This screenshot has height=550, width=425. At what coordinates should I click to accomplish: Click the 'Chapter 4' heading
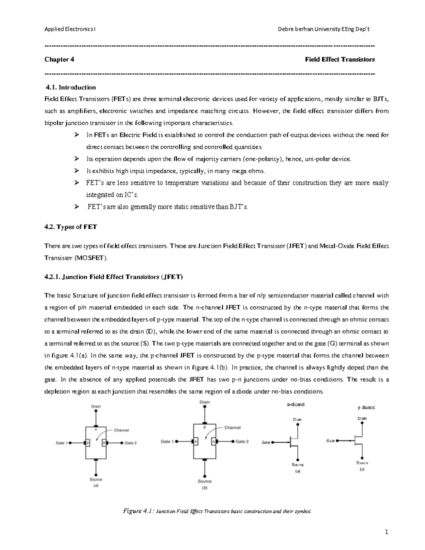click(59, 59)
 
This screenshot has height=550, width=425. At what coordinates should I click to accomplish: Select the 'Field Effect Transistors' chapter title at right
click(340, 59)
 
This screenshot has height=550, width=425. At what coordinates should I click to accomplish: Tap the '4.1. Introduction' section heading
click(71, 87)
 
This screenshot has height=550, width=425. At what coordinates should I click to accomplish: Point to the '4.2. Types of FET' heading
click(70, 227)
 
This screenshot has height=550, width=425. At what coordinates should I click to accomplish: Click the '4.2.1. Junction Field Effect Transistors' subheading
click(113, 277)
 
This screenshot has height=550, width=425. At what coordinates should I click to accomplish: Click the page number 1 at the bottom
click(387, 532)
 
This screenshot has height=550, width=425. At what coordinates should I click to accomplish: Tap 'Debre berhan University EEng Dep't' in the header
click(324, 29)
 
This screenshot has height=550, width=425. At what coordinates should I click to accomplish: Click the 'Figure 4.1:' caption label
click(138, 511)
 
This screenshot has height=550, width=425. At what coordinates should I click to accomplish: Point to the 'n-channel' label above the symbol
click(295, 404)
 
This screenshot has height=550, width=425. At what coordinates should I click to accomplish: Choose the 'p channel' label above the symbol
click(366, 408)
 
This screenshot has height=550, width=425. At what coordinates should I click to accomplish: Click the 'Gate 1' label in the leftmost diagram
click(62, 443)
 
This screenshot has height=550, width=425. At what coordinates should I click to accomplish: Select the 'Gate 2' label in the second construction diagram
click(242, 442)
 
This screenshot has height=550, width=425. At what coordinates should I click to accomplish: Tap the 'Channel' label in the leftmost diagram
click(121, 430)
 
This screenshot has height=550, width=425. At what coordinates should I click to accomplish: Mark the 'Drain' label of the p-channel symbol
click(362, 418)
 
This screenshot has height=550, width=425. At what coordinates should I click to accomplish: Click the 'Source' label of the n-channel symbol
click(297, 465)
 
